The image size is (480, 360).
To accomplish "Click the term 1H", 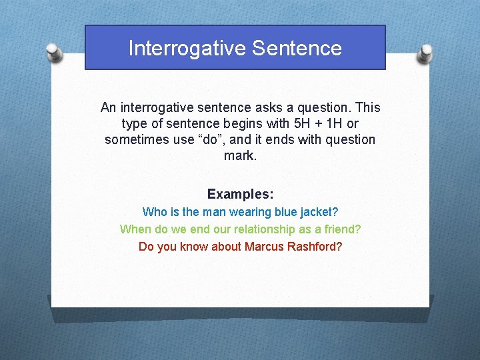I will (x=330, y=124).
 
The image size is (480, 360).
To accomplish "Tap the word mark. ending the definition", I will (x=240, y=157).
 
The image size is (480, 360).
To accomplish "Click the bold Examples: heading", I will (x=240, y=194).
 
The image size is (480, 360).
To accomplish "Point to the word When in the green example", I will (x=135, y=229).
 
